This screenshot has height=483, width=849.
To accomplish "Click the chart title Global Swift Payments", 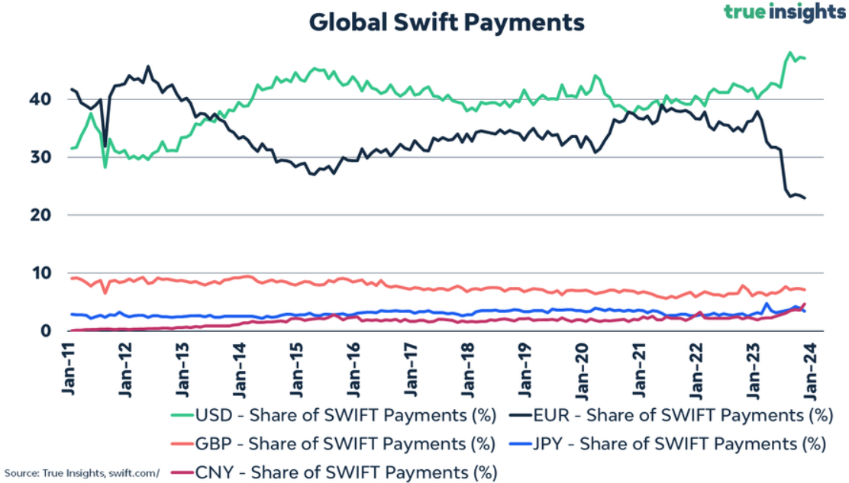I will (447, 22).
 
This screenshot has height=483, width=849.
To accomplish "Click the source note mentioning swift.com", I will (82, 472).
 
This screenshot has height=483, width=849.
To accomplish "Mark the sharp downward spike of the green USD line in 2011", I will (105, 166).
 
